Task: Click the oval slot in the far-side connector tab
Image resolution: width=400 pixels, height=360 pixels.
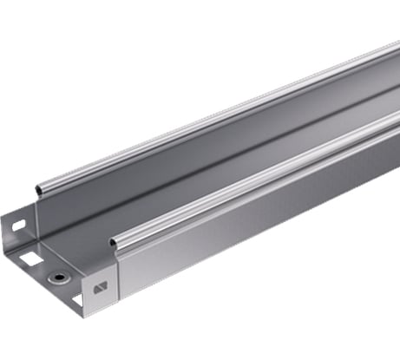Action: (x=19, y=224)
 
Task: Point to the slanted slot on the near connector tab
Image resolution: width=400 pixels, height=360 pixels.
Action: (x=100, y=287)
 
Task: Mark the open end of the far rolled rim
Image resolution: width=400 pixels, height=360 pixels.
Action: (x=38, y=188)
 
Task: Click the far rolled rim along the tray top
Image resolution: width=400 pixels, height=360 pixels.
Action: (x=217, y=116)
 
